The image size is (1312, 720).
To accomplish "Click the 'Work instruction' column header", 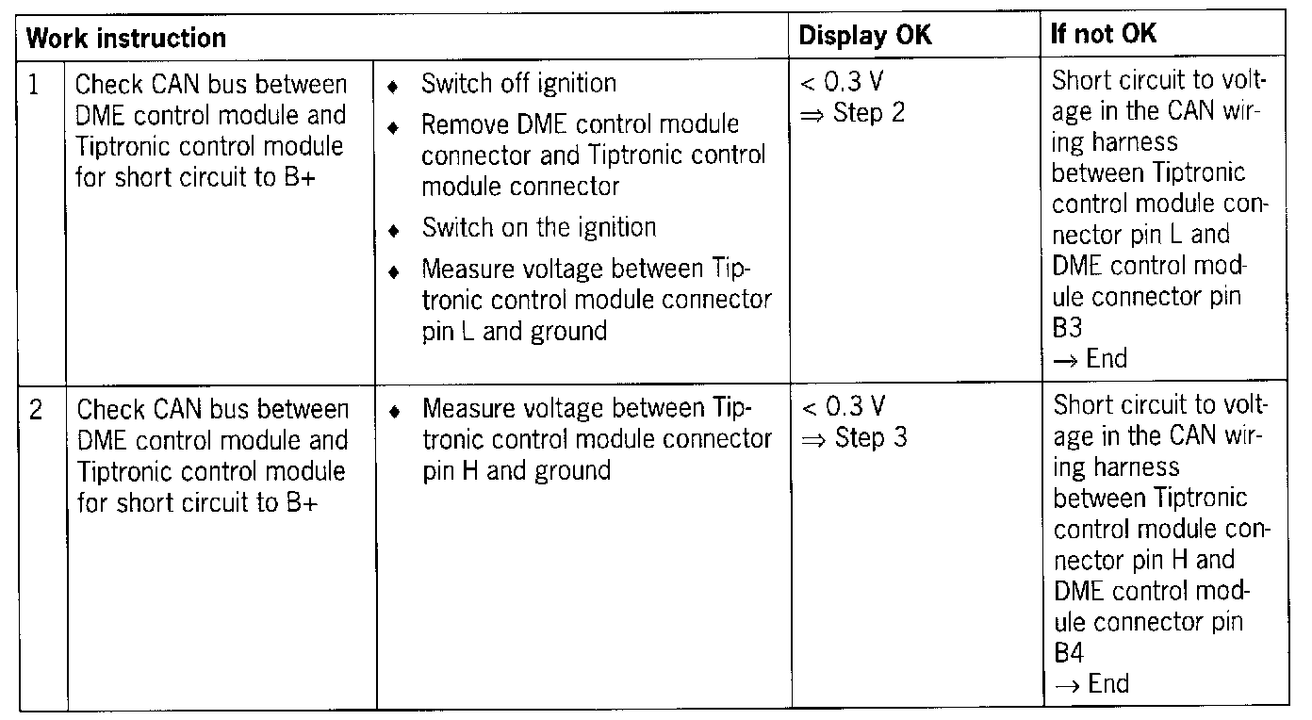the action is pos(126,38).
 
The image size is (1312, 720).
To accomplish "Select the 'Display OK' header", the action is pos(865,37).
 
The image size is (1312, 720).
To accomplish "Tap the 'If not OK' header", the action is pos(1104,36).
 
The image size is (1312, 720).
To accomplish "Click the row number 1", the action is pos(35,85).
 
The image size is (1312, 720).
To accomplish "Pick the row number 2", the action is pos(35,410).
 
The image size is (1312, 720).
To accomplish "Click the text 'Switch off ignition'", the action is pos(518,84).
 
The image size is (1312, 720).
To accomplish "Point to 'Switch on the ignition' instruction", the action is pos(538,227).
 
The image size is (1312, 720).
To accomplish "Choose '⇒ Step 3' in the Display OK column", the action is pos(853,438).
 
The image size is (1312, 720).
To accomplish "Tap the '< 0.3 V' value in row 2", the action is pos(844,408).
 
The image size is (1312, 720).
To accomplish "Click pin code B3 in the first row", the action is pos(1067,327).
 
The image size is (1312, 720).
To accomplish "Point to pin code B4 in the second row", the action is pos(1068,652).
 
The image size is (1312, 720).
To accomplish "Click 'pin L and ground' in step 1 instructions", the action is pos(514,331).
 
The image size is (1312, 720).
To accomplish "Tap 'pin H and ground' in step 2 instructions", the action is pos(517,469).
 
